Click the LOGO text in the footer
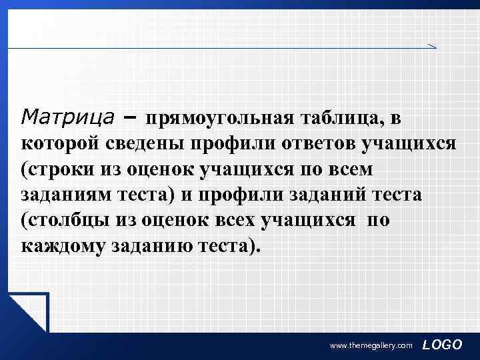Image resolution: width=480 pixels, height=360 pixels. pos(443,344)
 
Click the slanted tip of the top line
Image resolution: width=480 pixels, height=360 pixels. pos(431,45)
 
